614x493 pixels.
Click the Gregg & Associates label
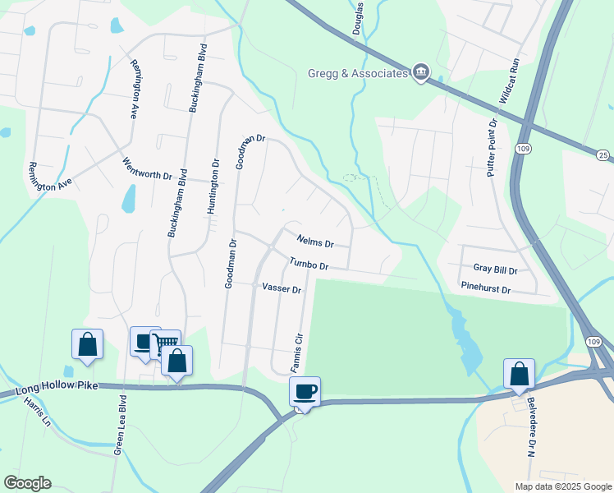(x=358, y=74)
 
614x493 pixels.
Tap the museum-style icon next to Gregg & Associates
(x=421, y=73)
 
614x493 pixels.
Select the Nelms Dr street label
(x=315, y=242)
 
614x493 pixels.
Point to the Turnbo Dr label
(x=309, y=265)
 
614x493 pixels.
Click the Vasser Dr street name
(x=282, y=289)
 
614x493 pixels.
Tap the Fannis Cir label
(x=300, y=350)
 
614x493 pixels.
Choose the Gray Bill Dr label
(x=495, y=270)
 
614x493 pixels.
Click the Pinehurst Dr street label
(x=486, y=290)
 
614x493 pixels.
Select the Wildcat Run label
(x=515, y=81)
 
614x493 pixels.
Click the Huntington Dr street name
(x=214, y=187)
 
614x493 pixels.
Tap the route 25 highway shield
(x=603, y=155)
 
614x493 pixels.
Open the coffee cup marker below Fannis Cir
(x=305, y=392)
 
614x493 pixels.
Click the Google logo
(x=27, y=483)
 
